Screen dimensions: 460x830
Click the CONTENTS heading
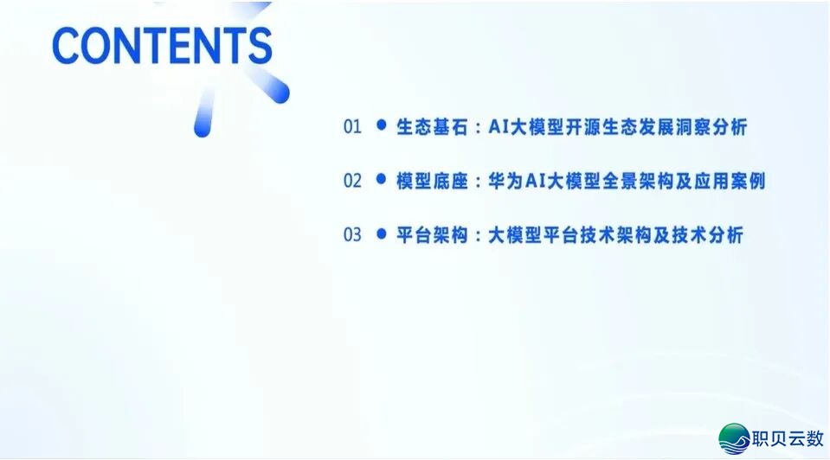pos(162,44)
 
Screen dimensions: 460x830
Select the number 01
pos(352,127)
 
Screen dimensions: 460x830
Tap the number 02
pos(352,181)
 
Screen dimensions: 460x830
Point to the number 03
pos(352,235)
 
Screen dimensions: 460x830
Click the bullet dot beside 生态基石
pos(381,126)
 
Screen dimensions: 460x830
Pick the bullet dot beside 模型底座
pos(381,180)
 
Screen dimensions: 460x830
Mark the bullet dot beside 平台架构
pos(381,234)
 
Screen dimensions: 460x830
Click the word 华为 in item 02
pos(505,181)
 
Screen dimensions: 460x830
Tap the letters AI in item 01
pos(499,127)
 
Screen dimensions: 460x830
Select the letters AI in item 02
pos(537,181)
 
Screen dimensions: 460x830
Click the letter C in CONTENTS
pos(68,44)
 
